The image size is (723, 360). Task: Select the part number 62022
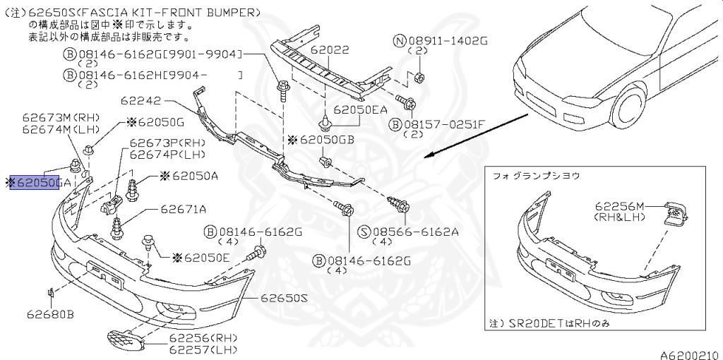(349, 51)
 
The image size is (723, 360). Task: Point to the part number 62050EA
(361, 109)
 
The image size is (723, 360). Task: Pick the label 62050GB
(327, 140)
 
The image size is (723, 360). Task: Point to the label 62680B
(51, 313)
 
